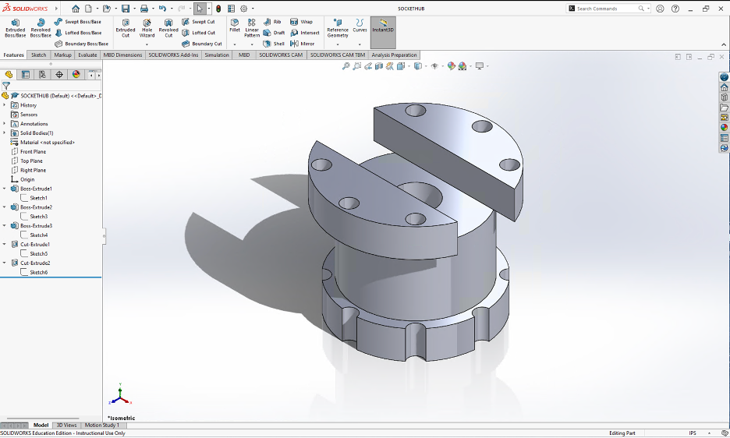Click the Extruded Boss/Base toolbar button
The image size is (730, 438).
15,28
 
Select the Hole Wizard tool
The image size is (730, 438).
147,28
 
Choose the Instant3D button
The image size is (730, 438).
383,28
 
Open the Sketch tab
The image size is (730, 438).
38,55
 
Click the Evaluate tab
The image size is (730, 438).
87,55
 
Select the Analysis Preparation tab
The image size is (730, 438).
394,55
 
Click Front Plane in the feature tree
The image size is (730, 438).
33,152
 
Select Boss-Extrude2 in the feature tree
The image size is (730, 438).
36,207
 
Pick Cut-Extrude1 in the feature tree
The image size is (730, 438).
35,245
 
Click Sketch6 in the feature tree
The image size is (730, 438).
38,272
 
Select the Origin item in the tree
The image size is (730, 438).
27,179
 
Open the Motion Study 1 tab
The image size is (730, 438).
101,425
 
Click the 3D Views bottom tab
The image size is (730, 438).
66,425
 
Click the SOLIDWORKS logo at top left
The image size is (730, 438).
25,9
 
